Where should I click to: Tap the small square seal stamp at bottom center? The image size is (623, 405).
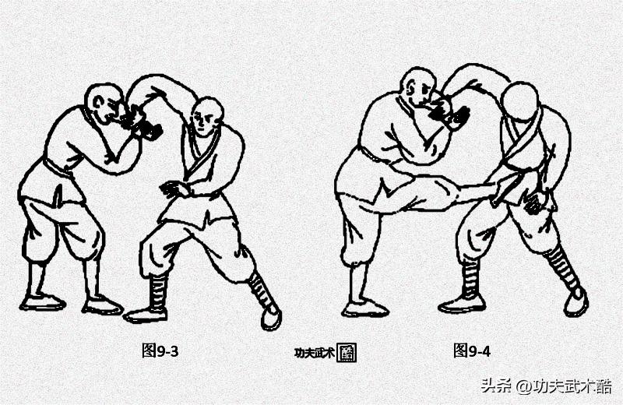tap(347, 353)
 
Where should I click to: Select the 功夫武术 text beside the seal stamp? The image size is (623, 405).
tap(314, 353)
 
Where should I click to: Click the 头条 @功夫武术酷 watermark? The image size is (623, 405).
tap(546, 386)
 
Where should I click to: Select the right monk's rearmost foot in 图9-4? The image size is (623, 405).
tap(575, 302)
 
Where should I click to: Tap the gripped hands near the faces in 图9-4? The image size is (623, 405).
tap(452, 113)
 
